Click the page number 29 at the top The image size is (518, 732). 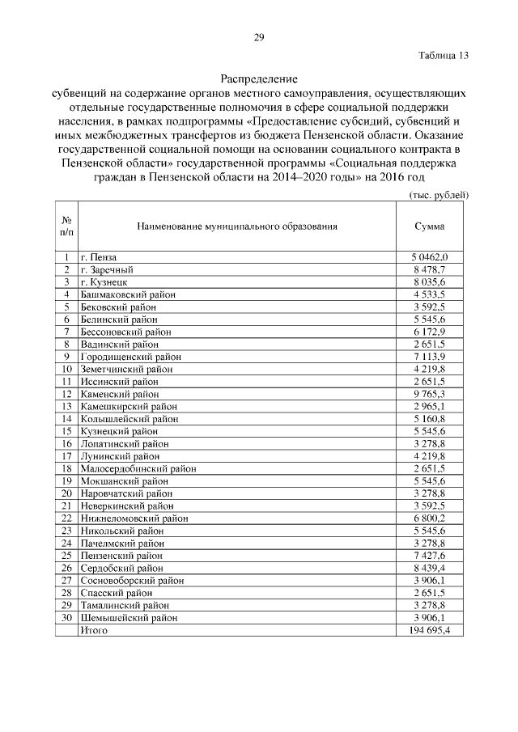pos(259,37)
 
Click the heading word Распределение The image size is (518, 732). pos(259,80)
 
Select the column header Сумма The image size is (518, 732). pos(429,226)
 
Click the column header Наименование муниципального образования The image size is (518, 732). pos(237,226)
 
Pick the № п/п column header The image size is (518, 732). pos(66,226)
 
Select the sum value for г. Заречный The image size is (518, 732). pos(429,269)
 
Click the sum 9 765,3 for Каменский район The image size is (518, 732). pos(429,393)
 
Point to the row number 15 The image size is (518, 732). pos(66,431)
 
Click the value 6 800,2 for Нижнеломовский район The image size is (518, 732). pos(429,518)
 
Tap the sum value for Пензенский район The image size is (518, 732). pos(429,556)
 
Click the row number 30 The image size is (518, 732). pos(66,617)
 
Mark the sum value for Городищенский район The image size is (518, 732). pos(429,356)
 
